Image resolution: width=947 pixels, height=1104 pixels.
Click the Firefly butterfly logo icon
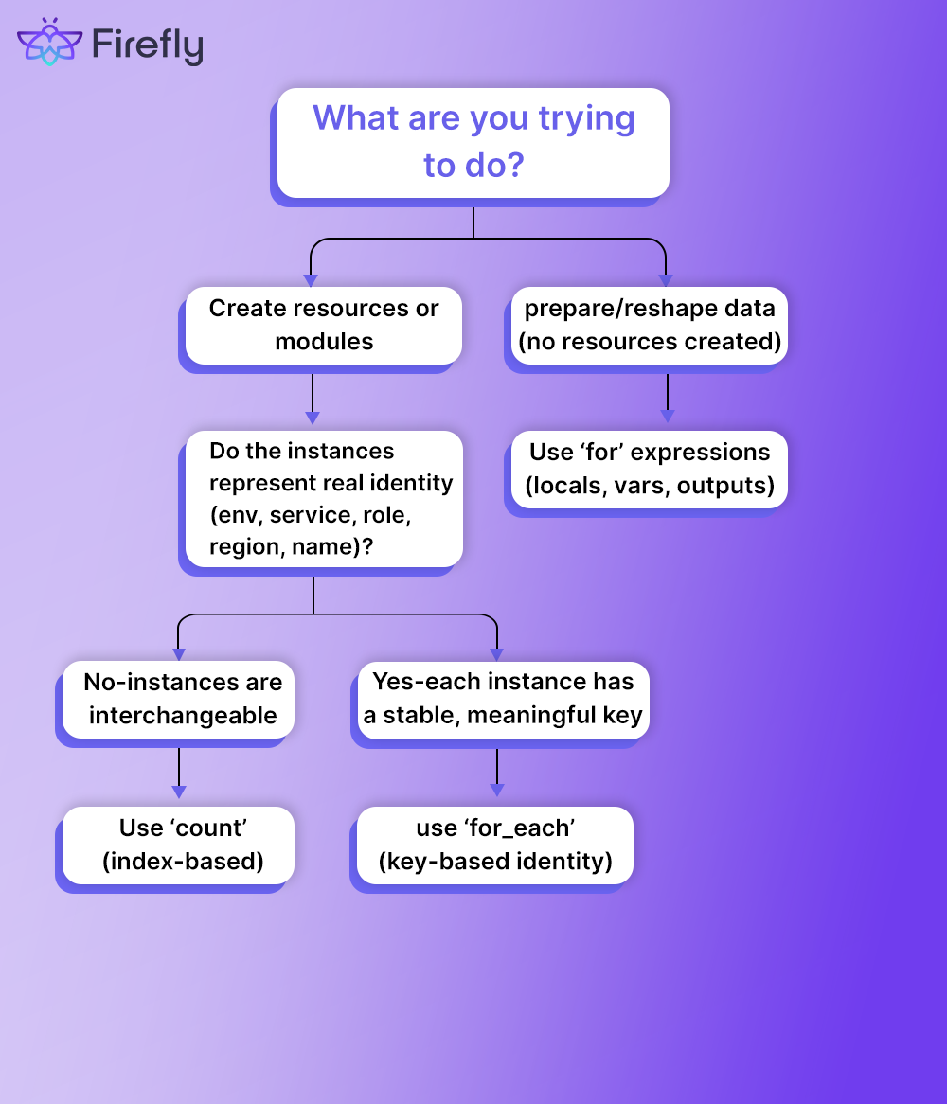click(50, 43)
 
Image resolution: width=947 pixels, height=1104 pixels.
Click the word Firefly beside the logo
click(147, 45)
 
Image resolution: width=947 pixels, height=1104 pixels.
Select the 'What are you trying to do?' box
click(473, 142)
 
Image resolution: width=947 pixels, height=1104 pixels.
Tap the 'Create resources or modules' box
click(324, 325)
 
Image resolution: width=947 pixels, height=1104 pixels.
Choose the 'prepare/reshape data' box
click(650, 325)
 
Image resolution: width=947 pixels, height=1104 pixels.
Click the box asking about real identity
click(323, 499)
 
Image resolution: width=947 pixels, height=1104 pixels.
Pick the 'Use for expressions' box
click(650, 469)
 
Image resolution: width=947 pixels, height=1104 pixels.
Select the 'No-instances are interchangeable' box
click(179, 699)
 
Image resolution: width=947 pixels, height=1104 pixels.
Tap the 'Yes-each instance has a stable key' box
click(503, 699)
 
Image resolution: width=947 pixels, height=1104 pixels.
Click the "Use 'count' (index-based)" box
click(179, 845)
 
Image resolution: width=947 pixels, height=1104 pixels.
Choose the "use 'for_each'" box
click(495, 845)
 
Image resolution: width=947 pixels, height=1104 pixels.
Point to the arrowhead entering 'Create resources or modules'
click(311, 280)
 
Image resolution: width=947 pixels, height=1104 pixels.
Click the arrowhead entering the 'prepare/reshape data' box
click(666, 280)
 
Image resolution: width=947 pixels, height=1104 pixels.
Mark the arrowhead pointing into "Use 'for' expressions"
click(668, 417)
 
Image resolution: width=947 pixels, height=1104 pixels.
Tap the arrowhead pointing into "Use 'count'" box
click(179, 792)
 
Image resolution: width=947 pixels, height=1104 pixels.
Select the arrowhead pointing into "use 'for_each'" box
click(496, 792)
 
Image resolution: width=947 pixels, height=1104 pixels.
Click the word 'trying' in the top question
click(586, 119)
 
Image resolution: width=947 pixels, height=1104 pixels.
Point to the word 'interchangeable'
click(183, 716)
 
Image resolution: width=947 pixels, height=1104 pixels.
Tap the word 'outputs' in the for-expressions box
click(725, 486)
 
